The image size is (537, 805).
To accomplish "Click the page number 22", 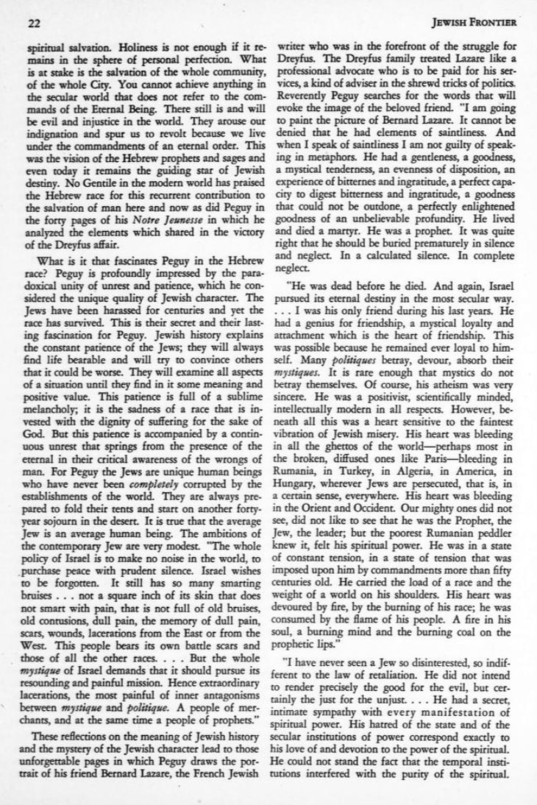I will pos(33,23).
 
